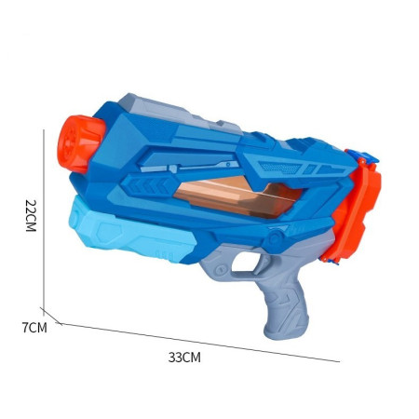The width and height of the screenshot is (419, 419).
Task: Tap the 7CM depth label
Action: click(34, 327)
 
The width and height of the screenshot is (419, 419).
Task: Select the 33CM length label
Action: click(184, 357)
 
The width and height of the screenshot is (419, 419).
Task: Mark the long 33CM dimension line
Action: click(196, 342)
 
